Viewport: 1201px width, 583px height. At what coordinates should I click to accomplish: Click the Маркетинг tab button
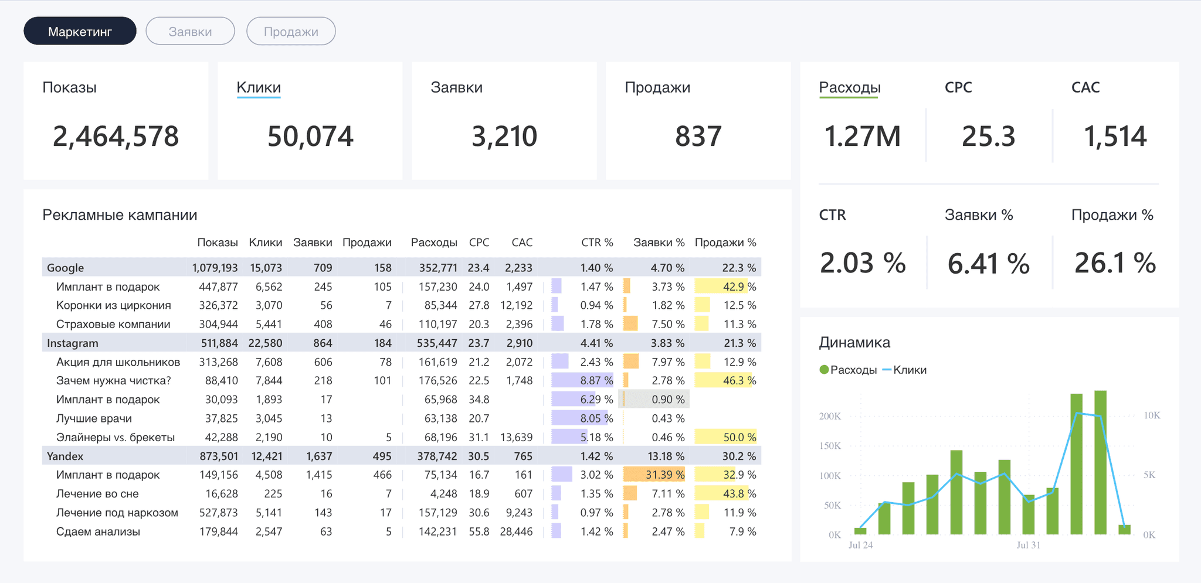[80, 31]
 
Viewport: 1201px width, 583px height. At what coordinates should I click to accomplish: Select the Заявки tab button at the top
[190, 31]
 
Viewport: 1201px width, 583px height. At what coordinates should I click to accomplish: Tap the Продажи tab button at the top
[291, 31]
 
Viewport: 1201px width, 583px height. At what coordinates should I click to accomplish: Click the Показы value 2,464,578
[116, 137]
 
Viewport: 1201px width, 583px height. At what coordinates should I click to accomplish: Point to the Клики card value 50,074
[310, 137]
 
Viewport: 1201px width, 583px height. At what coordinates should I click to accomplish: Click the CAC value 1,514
[1115, 137]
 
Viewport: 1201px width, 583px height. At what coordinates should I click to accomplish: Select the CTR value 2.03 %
[863, 263]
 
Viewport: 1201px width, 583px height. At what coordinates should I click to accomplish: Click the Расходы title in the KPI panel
[850, 87]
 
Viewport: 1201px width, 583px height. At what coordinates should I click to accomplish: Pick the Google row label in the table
[65, 268]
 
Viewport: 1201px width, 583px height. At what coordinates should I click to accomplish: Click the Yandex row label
[65, 456]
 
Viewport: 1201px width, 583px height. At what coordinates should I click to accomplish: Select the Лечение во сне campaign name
[97, 493]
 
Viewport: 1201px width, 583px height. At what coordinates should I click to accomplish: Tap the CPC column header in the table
[479, 243]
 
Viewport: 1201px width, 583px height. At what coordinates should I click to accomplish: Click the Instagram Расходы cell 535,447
[437, 343]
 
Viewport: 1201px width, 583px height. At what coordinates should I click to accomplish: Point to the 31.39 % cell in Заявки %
[665, 475]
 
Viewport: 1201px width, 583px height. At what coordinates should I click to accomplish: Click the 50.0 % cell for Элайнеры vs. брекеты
[739, 437]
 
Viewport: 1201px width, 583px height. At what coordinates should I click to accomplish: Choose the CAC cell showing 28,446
[516, 531]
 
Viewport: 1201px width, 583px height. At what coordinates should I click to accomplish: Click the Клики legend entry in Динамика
[904, 370]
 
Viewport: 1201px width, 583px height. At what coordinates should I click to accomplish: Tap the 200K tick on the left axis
[830, 416]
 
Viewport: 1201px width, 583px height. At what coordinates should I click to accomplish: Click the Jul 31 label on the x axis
[1028, 545]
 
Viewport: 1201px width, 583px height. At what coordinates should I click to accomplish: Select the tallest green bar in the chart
[1100, 462]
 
